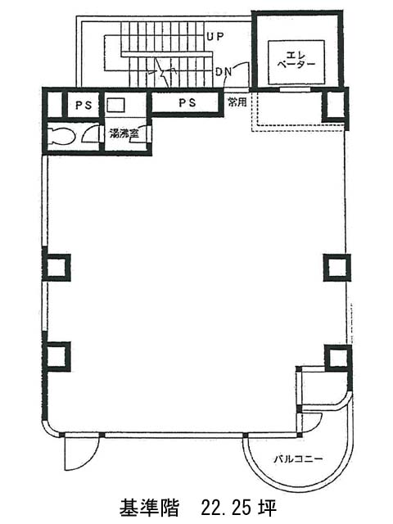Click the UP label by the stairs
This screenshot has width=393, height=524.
point(215,36)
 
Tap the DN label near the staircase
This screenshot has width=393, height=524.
point(224,71)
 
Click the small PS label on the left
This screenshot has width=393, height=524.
point(84,106)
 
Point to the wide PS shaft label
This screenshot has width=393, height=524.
point(187,102)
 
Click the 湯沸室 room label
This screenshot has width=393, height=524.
point(124,133)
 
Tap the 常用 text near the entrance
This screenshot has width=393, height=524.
point(237,102)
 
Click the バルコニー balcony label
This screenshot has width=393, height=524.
point(298,458)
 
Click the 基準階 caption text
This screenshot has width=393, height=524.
point(149,508)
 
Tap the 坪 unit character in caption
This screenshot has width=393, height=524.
point(267,508)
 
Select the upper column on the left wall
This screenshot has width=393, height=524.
point(56,268)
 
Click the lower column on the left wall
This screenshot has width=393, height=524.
point(56,357)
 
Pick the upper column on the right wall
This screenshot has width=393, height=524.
point(337,268)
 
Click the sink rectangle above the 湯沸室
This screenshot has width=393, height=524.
point(115,105)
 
